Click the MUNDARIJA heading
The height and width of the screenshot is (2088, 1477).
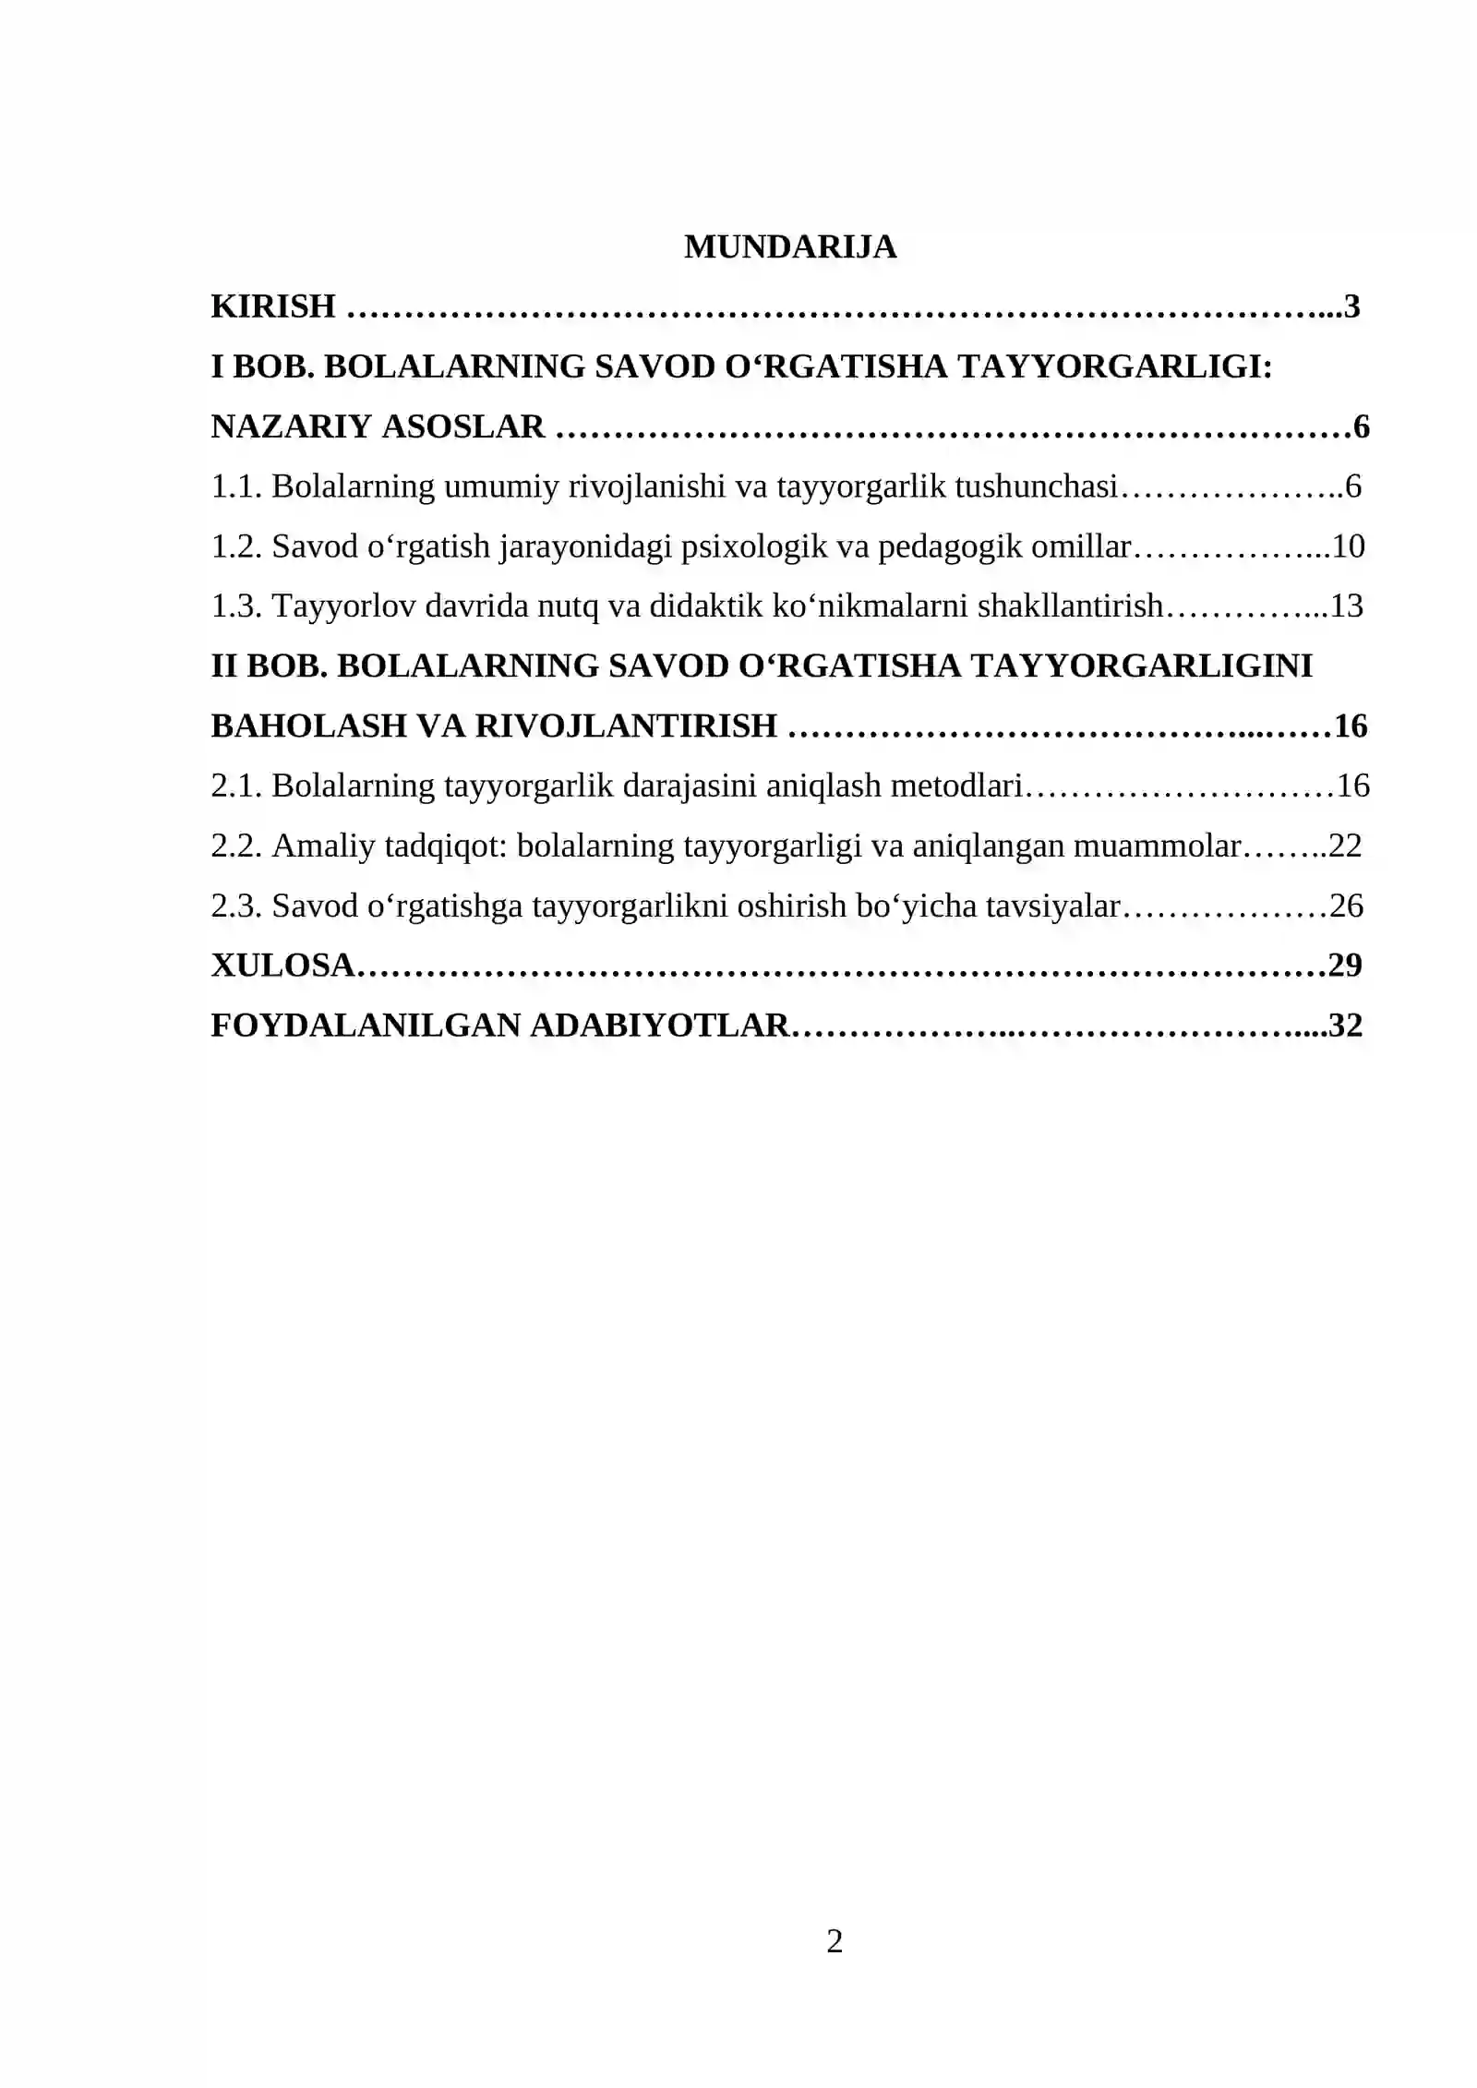[x=790, y=246]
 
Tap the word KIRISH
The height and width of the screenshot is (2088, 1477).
[x=273, y=306]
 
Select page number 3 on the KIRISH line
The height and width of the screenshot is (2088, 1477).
[x=1352, y=306]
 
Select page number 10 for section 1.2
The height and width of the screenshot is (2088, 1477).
[x=1348, y=546]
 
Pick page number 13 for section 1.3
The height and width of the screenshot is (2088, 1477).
[x=1347, y=606]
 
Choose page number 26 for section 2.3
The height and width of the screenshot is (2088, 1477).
[x=1346, y=906]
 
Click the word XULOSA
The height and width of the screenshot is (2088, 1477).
[x=282, y=966]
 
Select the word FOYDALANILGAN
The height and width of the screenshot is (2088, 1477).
[x=366, y=1026]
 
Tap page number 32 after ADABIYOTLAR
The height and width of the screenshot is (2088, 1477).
[x=1345, y=1026]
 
